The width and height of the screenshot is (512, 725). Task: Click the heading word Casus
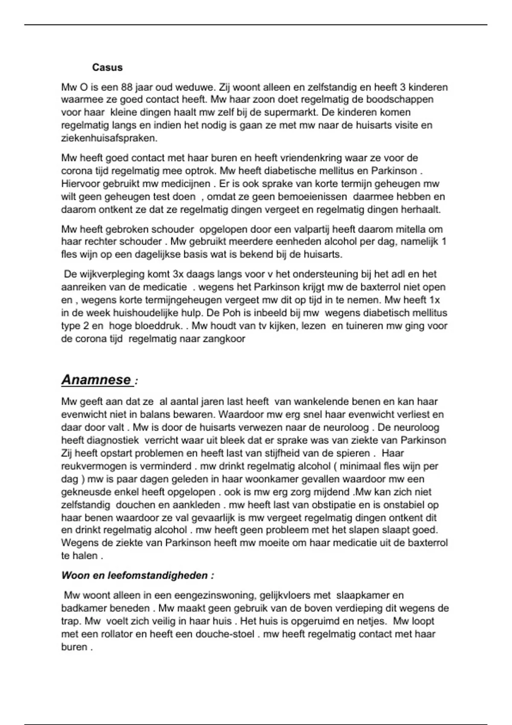point(107,67)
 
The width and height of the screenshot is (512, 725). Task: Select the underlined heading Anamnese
point(96,379)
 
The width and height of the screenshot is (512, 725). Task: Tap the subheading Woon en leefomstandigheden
point(137,575)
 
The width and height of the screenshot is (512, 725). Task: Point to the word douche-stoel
point(225,634)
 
